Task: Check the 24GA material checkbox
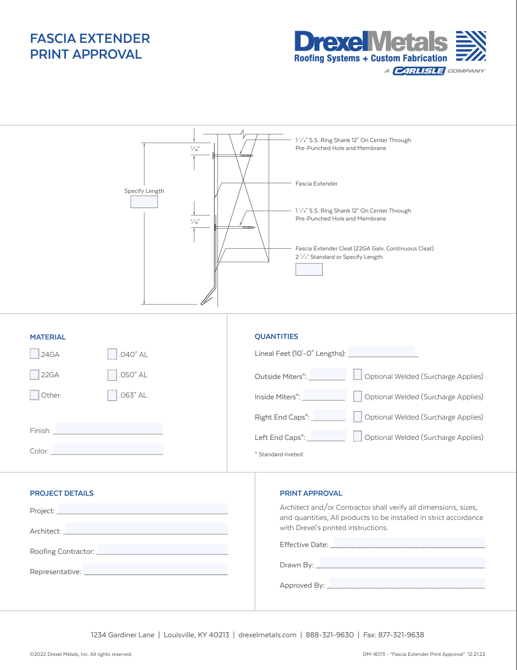coord(34,354)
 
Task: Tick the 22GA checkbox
coord(34,374)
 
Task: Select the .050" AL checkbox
coord(112,374)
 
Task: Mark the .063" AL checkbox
coord(112,395)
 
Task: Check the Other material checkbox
coord(34,395)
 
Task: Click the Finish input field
coord(109,429)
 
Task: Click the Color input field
coord(107,449)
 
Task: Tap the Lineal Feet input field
coord(382,352)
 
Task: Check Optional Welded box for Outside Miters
coord(358,374)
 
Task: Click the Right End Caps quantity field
coord(329,416)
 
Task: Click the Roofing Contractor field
coord(162,549)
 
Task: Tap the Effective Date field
coord(408,543)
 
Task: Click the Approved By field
coord(405,584)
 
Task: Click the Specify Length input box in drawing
coord(144,202)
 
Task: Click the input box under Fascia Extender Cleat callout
coord(309,270)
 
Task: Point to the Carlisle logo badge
coord(419,71)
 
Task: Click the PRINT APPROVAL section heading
coord(311,493)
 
